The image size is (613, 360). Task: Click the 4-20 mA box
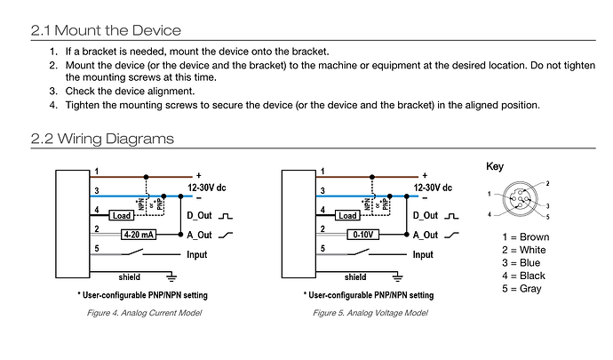coord(139,235)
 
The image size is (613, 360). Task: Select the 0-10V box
coord(363,235)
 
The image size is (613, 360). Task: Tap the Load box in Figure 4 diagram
coord(122,216)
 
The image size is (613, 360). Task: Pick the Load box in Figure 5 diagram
coord(347,216)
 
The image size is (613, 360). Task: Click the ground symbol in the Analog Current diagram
coord(171,277)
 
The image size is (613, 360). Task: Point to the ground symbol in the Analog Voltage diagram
coord(397,277)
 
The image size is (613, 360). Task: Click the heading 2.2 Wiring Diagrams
coord(102,139)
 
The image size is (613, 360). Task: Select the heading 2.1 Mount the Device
coord(106,30)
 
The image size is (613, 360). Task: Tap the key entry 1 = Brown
coord(525,237)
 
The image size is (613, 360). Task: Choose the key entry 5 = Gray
coord(521,289)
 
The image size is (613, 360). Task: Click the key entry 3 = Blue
coord(521,263)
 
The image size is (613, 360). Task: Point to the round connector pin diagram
coord(520,199)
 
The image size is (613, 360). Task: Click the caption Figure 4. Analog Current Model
coord(144,313)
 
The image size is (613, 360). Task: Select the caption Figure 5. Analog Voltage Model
coord(370,313)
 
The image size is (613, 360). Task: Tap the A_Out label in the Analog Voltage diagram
coord(426,236)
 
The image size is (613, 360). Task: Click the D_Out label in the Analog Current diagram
coord(199,216)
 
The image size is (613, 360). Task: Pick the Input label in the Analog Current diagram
coord(197,255)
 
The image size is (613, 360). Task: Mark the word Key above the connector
coord(495,167)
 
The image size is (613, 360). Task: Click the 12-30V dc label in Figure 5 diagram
coord(433,188)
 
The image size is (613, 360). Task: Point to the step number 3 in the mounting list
coord(53,92)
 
